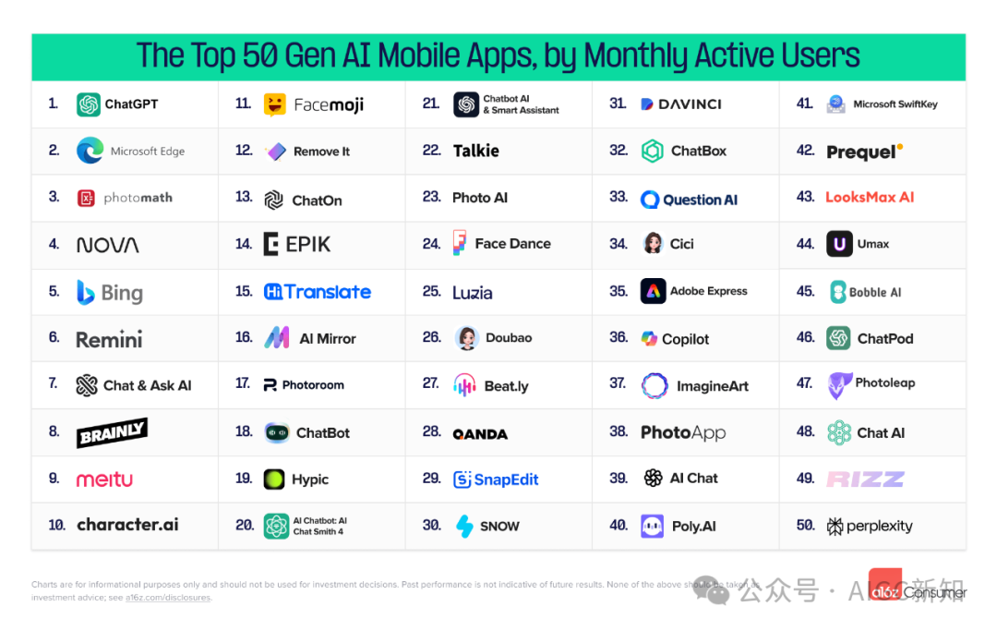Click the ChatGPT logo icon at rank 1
pyautogui.click(x=89, y=104)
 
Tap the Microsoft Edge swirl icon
pyautogui.click(x=90, y=151)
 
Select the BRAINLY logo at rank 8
pyautogui.click(x=112, y=432)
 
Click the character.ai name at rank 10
pyautogui.click(x=127, y=525)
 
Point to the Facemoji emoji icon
pyautogui.click(x=274, y=104)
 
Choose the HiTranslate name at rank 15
pyautogui.click(x=318, y=292)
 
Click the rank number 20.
pyautogui.click(x=244, y=525)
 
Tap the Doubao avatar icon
pyautogui.click(x=467, y=338)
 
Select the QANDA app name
pyautogui.click(x=480, y=433)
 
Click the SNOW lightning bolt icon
pyautogui.click(x=464, y=526)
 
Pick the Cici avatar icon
pyautogui.click(x=653, y=244)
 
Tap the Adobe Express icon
pyautogui.click(x=653, y=291)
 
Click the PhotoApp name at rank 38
pyautogui.click(x=683, y=432)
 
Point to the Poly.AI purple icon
pyautogui.click(x=653, y=526)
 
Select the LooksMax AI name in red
pyautogui.click(x=870, y=197)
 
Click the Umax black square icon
pyautogui.click(x=838, y=244)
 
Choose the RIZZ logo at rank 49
pyautogui.click(x=865, y=479)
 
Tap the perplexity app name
pyautogui.click(x=879, y=526)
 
